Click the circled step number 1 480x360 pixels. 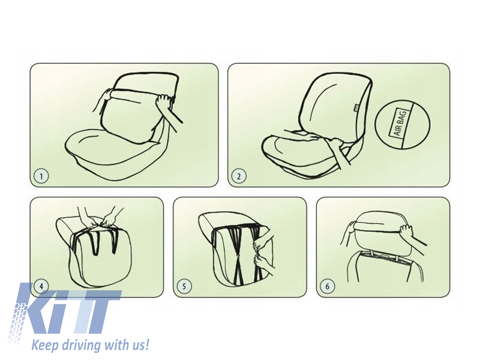(41, 176)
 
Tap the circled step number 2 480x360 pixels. (239, 176)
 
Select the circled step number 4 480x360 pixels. (41, 287)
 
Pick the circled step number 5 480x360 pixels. (184, 287)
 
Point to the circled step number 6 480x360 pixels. (327, 287)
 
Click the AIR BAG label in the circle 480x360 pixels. (400, 123)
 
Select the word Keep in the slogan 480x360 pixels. (45, 346)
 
